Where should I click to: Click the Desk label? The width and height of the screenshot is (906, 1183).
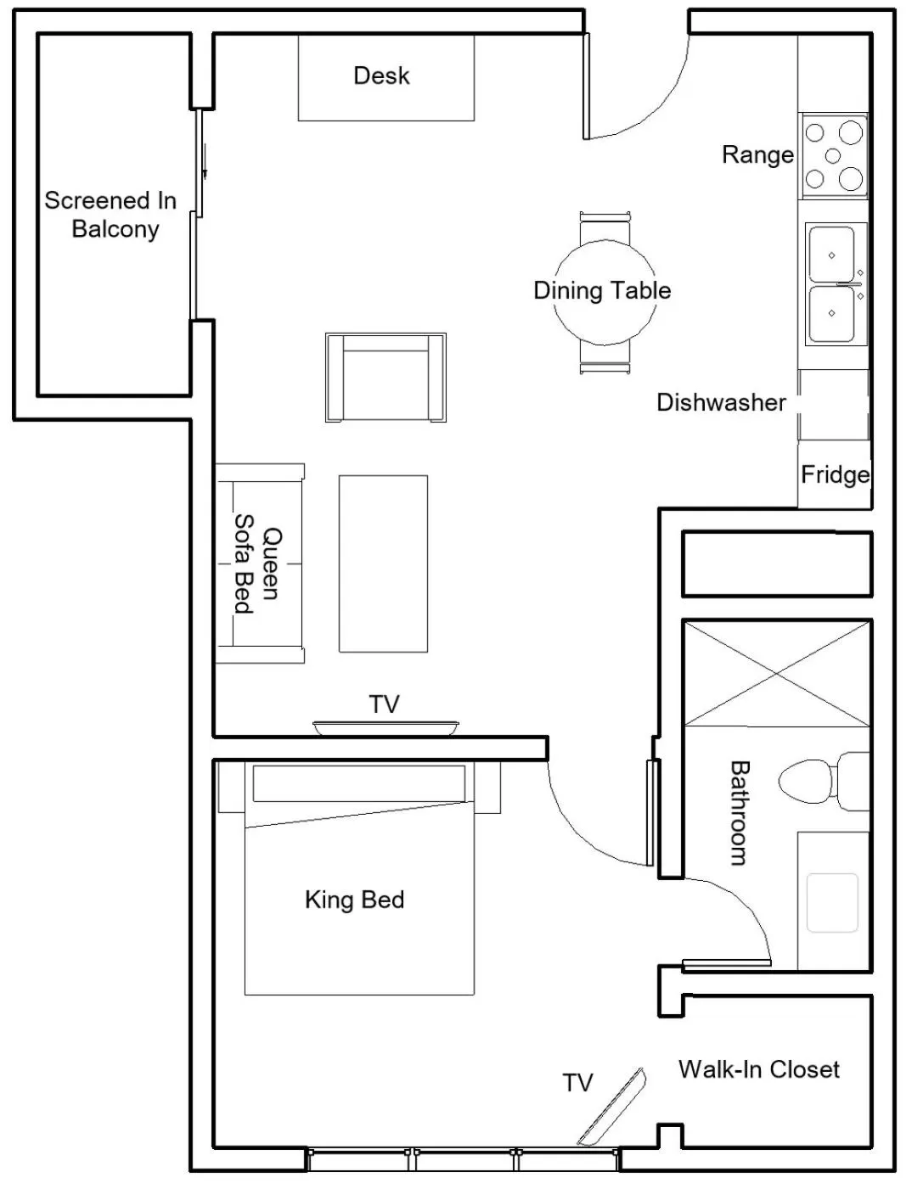click(x=381, y=76)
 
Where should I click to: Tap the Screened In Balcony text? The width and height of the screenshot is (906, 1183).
click(x=111, y=215)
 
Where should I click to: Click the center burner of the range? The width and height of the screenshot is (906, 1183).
click(x=833, y=155)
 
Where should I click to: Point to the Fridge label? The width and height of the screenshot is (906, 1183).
click(x=835, y=474)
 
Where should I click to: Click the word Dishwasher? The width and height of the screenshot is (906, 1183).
click(x=721, y=402)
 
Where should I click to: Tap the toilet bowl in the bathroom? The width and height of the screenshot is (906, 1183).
click(x=806, y=781)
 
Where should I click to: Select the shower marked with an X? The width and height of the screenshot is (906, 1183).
click(x=777, y=674)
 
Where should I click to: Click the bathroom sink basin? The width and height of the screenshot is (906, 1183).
click(x=832, y=902)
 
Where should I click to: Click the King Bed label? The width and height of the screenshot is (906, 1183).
click(x=354, y=900)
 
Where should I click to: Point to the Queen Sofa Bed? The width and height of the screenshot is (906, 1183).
click(x=259, y=563)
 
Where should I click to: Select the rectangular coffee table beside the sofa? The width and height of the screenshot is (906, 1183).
click(x=383, y=563)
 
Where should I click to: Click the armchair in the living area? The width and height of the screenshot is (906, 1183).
click(x=385, y=378)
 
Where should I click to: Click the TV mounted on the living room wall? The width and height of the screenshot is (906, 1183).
click(x=385, y=727)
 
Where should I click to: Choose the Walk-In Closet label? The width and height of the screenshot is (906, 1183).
click(x=758, y=1069)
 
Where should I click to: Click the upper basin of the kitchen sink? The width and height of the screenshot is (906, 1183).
click(x=831, y=255)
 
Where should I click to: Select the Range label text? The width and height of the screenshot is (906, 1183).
click(x=757, y=154)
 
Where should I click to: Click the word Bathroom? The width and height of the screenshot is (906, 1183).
click(x=740, y=812)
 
